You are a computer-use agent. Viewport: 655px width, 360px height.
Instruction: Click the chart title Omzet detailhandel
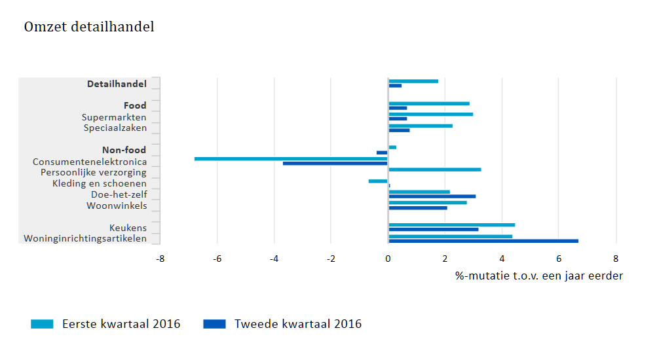click(89, 27)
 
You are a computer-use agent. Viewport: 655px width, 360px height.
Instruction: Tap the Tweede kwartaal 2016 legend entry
click(282, 324)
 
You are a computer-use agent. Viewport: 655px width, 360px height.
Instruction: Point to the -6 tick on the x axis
click(217, 259)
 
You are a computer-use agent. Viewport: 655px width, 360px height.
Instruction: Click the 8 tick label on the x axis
click(616, 259)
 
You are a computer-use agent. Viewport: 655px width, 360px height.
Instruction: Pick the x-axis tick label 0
click(388, 259)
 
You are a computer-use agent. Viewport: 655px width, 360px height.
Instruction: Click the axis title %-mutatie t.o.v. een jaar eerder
click(539, 276)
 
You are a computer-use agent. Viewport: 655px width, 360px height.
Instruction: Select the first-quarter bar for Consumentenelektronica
click(291, 158)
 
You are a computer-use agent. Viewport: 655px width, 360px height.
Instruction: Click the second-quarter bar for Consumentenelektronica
click(335, 163)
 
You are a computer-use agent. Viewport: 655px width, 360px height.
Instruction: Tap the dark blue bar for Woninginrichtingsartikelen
click(483, 241)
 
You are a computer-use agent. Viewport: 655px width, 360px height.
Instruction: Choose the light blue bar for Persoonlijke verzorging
click(434, 170)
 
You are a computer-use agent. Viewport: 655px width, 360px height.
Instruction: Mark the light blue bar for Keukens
click(451, 225)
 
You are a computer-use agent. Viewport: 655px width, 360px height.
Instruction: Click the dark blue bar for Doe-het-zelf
click(432, 196)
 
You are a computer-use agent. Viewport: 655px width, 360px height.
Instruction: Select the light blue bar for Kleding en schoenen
click(378, 181)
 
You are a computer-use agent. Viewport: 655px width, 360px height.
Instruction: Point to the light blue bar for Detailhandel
click(413, 81)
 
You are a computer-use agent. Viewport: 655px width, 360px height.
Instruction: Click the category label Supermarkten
click(114, 117)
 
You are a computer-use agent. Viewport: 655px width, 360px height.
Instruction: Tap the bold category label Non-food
click(124, 150)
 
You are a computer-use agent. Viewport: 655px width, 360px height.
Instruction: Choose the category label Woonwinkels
click(117, 206)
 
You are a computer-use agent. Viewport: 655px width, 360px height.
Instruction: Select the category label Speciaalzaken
click(115, 128)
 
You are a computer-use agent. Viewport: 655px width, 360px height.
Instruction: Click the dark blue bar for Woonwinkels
click(417, 207)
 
